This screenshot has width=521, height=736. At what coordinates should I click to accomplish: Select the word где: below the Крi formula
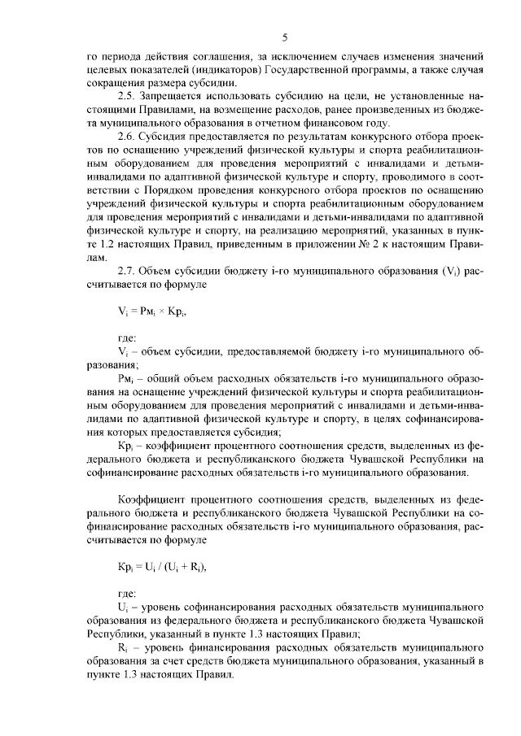point(128,594)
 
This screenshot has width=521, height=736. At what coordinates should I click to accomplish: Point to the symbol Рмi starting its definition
point(126,381)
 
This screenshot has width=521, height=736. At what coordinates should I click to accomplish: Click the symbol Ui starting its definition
point(123,608)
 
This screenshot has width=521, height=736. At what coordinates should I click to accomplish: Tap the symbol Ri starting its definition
point(123,648)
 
